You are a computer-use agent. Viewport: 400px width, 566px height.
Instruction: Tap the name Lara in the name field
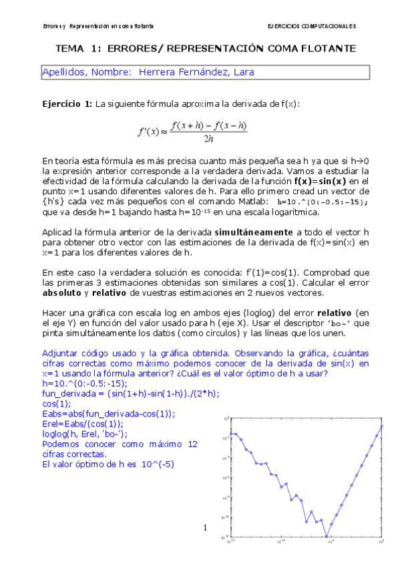[243, 71]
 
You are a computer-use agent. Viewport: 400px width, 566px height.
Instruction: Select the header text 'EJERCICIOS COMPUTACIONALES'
[311, 26]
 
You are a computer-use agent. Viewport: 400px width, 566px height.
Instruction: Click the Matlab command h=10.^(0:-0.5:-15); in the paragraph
[323, 202]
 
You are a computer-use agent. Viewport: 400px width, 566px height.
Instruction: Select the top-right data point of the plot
[381, 426]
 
